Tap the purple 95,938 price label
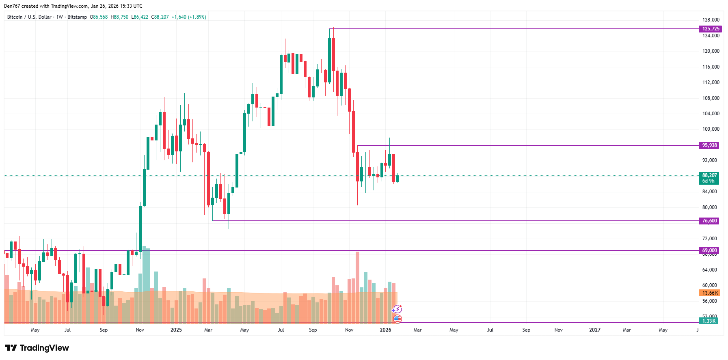coord(709,145)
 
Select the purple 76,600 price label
coord(709,221)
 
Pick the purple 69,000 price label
coord(709,250)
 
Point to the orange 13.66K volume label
coord(710,293)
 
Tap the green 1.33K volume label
coord(709,321)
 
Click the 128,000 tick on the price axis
coord(711,20)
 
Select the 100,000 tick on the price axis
coord(711,129)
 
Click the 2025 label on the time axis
coord(176,330)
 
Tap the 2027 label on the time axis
coord(594,330)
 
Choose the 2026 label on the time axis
coord(385,330)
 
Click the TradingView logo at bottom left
coord(37,348)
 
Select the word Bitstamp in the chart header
coord(77,17)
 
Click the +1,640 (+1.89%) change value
coord(189,17)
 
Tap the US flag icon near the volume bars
coord(397,319)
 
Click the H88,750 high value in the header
coord(119,17)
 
